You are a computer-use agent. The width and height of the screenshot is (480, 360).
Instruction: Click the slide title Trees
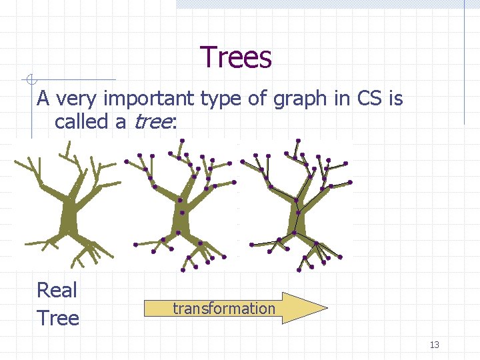[x=236, y=57]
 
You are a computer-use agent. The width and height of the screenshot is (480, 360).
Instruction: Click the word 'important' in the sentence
[x=140, y=99]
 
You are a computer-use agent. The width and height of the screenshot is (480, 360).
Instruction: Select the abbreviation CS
[x=369, y=99]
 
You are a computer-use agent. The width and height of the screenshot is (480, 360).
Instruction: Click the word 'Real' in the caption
[x=57, y=290]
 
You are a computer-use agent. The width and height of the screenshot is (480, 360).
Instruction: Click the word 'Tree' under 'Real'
[x=58, y=318]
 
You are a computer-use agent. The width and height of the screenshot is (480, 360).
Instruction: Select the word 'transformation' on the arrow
[x=223, y=308]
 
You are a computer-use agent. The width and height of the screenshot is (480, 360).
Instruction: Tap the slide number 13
[x=435, y=345]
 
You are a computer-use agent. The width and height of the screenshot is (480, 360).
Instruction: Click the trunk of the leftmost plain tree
[x=68, y=220]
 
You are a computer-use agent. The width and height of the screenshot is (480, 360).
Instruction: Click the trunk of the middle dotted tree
[x=181, y=220]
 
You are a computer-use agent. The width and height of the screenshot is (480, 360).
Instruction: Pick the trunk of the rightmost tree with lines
[x=298, y=220]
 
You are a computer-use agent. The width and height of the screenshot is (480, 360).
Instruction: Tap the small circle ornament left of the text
[x=29, y=81]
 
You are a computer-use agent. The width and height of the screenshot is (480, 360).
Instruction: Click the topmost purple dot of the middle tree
[x=182, y=141]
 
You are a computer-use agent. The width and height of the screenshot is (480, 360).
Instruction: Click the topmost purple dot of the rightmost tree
[x=298, y=141]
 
